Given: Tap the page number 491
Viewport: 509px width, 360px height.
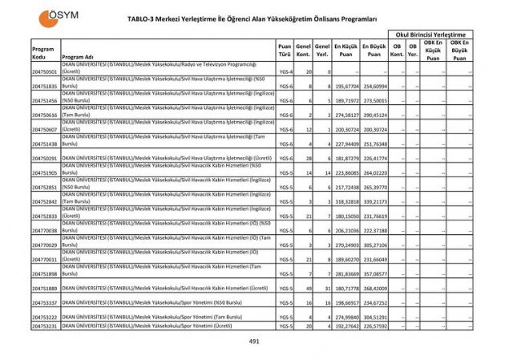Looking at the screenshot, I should (254, 342).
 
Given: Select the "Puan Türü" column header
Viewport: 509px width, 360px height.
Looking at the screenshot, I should (284, 51).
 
